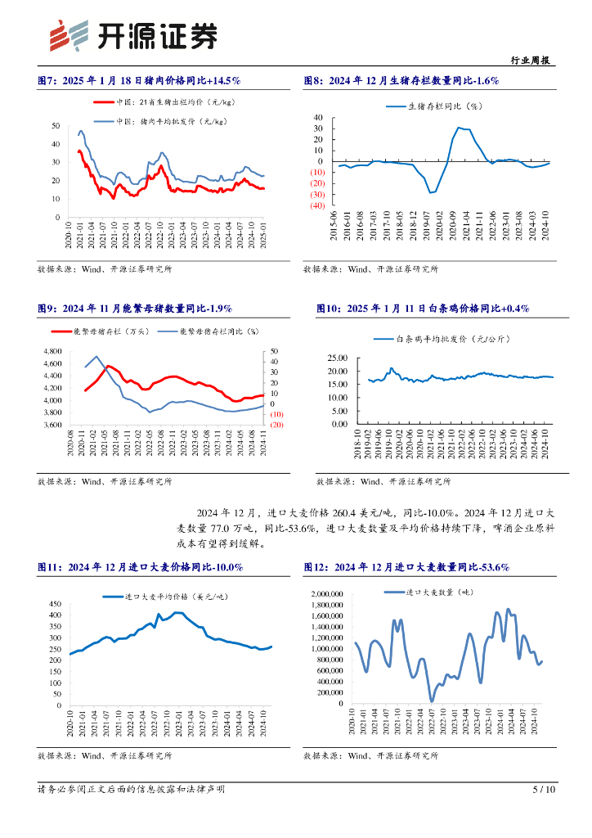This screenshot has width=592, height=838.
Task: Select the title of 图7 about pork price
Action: coord(139,81)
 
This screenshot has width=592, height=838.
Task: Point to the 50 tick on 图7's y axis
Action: coord(55,125)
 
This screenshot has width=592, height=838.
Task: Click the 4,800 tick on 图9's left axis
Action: coord(51,352)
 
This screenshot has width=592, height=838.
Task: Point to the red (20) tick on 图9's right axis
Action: coord(277,425)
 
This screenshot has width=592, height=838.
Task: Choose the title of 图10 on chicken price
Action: coord(423,309)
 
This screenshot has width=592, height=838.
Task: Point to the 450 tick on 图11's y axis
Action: coord(55,603)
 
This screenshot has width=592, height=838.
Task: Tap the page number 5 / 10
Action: coord(544,790)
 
